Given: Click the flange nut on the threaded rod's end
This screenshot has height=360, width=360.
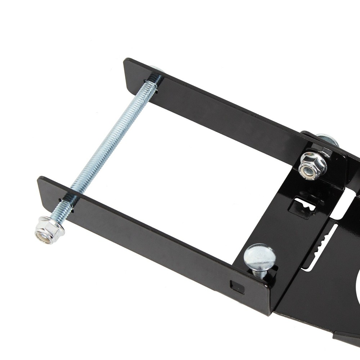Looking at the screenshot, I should [49, 229].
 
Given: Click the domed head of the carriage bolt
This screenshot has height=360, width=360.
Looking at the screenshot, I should [260, 257].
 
